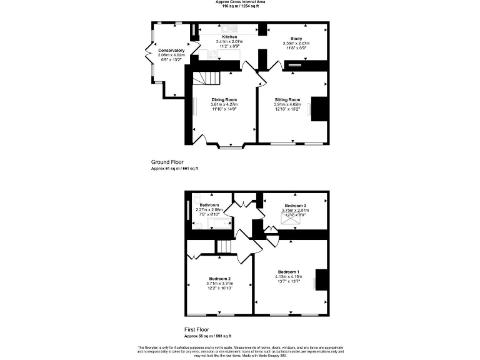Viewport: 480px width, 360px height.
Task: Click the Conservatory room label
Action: click(171, 50)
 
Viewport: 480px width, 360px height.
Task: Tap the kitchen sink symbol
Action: click(229, 29)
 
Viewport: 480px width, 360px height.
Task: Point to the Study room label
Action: click(296, 38)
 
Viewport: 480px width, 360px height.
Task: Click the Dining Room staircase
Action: click(206, 79)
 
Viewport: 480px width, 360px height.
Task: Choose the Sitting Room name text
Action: click(287, 100)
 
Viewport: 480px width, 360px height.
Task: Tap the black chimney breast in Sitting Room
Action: click(320, 108)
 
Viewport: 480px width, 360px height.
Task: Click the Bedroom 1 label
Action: click(289, 272)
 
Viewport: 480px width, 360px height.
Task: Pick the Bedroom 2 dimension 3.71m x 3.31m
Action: click(219, 284)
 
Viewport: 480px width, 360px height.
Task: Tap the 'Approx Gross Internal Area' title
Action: click(240, 2)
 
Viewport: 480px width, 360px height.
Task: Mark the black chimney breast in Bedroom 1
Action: click(321, 279)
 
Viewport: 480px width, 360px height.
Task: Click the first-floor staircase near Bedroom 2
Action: click(224, 247)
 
